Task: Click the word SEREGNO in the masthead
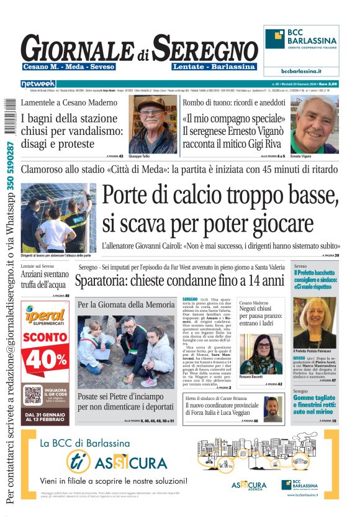click(205, 48)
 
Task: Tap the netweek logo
click(38, 83)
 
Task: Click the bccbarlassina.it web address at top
click(301, 71)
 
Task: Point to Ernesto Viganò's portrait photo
click(314, 124)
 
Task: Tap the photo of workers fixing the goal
click(58, 217)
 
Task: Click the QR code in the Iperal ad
click(34, 394)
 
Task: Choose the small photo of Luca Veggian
click(271, 407)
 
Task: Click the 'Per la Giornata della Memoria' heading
click(126, 305)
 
